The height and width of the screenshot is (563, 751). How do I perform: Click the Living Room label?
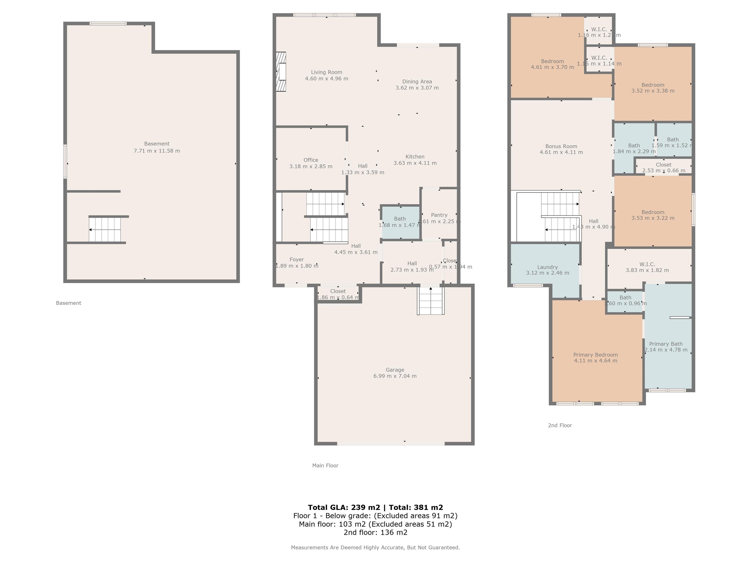326,72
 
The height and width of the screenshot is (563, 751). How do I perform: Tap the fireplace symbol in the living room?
281,72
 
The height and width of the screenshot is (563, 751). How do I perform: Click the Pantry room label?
439,215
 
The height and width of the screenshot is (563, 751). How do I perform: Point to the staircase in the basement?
105,230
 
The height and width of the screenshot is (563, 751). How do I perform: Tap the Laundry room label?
547,267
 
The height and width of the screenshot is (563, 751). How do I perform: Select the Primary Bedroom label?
596,355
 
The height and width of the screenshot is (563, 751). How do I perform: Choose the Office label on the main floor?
311,160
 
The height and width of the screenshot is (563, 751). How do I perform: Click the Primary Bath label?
665,344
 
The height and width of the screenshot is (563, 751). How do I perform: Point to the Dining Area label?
417,81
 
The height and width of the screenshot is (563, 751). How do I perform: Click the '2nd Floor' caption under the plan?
560,425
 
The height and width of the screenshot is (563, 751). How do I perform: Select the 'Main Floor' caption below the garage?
325,466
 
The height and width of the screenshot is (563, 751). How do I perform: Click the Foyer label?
296,260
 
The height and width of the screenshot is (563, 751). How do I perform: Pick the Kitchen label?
415,156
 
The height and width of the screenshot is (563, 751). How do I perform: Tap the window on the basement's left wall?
65,162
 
